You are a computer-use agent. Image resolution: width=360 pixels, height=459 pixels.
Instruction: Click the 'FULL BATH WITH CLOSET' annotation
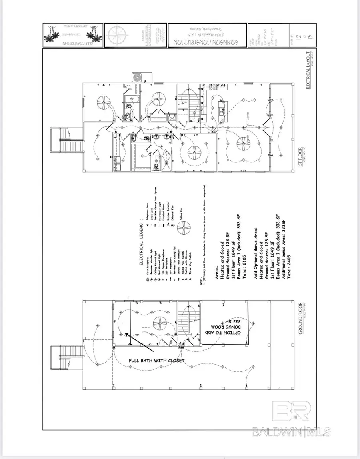(x=156, y=361)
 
